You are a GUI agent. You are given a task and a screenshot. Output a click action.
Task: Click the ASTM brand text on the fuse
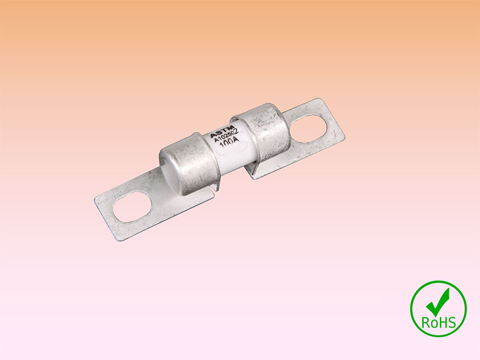tap(222, 131)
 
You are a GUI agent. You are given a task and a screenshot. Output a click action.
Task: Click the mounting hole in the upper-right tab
tap(307, 128)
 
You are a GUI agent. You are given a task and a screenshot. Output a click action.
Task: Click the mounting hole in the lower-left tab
tap(132, 207)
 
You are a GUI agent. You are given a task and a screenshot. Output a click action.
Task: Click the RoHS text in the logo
tap(438, 322)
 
